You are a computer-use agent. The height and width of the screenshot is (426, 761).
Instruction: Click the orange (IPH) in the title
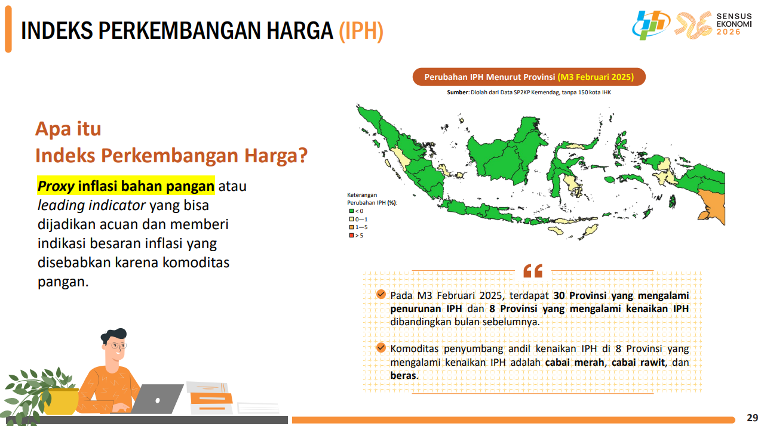click(x=361, y=31)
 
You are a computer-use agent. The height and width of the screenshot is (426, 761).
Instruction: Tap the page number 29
click(x=752, y=418)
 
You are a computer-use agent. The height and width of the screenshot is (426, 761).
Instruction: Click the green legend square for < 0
click(x=351, y=211)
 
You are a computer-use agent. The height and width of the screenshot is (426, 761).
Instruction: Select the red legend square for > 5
click(x=351, y=235)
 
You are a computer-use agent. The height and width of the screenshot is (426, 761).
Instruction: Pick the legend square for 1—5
click(x=351, y=227)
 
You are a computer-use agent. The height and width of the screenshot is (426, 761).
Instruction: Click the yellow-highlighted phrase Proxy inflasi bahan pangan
click(x=125, y=186)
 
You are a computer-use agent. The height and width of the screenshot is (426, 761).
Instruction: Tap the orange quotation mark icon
click(x=533, y=271)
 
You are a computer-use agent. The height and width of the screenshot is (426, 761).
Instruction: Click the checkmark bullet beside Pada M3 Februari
click(x=381, y=294)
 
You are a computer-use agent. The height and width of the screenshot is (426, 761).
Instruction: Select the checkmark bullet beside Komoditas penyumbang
click(x=381, y=348)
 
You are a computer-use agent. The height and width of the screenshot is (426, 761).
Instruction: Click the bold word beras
click(x=403, y=375)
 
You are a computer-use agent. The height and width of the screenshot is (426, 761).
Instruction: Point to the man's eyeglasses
click(x=116, y=346)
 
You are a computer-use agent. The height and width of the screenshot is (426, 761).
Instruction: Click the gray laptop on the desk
click(x=157, y=399)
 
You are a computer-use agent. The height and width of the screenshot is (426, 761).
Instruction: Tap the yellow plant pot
click(x=60, y=402)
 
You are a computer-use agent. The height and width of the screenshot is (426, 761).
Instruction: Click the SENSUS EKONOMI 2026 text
click(x=734, y=24)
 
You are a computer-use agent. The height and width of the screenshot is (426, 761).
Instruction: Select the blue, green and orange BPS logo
click(x=650, y=25)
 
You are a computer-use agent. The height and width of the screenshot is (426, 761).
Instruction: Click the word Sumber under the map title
click(x=458, y=92)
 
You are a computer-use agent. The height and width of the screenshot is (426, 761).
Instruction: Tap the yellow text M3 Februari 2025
click(x=596, y=77)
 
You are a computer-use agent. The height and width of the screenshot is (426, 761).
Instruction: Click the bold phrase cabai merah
click(x=575, y=362)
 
